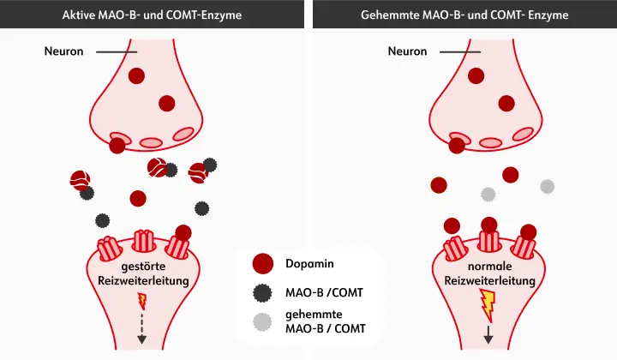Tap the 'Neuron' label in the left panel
64,51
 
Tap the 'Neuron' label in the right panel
407,51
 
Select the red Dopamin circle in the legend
264,263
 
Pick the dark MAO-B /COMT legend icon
264,292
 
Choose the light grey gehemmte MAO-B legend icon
264,321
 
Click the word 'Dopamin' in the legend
309,262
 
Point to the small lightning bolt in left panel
142,301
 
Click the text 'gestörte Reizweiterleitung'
142,273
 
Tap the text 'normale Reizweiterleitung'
489,273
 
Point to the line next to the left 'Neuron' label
115,52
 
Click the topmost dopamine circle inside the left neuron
136,76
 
